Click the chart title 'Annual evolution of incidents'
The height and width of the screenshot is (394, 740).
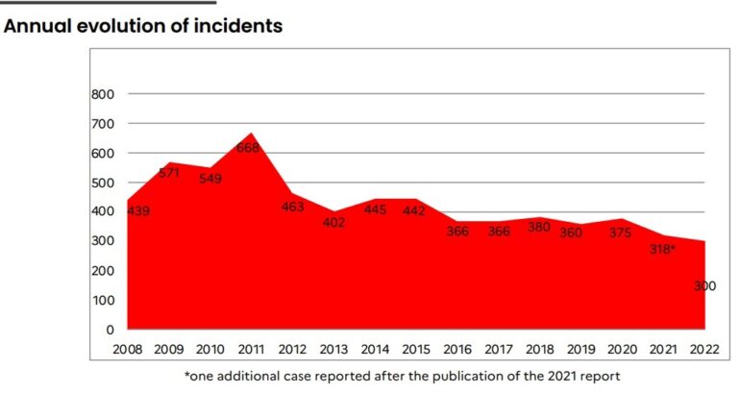pyautogui.click(x=143, y=26)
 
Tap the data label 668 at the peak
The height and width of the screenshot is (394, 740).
pyautogui.click(x=248, y=147)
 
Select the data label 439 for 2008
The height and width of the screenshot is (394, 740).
pyautogui.click(x=137, y=210)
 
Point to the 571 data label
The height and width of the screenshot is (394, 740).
pyautogui.click(x=170, y=173)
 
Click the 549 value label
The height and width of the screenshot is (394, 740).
pyautogui.click(x=210, y=179)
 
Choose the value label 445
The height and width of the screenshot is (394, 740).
pyautogui.click(x=376, y=209)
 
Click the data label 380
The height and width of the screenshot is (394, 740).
pyautogui.click(x=540, y=228)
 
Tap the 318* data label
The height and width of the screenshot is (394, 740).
pyautogui.click(x=663, y=249)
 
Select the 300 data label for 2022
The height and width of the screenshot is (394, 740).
pyautogui.click(x=704, y=285)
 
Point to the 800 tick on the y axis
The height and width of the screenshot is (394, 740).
pyautogui.click(x=103, y=94)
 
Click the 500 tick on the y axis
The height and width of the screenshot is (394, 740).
pyautogui.click(x=103, y=183)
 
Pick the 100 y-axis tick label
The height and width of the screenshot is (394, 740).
pyautogui.click(x=103, y=301)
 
